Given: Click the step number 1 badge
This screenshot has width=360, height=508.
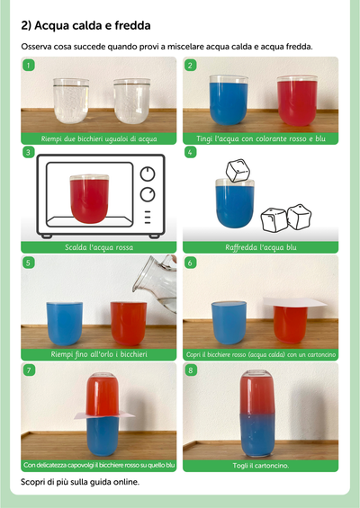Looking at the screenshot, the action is click(x=29, y=66).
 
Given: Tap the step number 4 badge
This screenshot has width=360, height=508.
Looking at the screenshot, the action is click(x=191, y=152).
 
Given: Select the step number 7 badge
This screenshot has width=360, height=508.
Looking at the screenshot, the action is click(x=29, y=370).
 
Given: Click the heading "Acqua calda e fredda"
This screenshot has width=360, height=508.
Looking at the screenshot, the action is click(x=93, y=25).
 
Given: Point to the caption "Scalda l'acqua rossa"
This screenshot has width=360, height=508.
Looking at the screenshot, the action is click(x=99, y=247).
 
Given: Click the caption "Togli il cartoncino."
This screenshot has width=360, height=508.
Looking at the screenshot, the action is click(x=260, y=466).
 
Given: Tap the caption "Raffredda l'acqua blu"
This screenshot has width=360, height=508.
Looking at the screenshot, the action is click(x=261, y=247).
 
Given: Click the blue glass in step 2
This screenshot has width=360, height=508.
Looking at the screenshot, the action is click(x=229, y=100).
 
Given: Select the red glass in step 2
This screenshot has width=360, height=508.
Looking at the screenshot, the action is click(x=297, y=101).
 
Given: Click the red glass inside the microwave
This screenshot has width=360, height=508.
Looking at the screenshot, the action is click(x=89, y=199).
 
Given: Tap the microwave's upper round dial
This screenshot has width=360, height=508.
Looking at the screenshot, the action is click(x=148, y=174).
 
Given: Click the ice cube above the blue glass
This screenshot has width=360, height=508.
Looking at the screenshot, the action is click(x=238, y=170).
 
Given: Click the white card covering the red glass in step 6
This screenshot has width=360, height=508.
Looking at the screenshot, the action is click(x=294, y=302).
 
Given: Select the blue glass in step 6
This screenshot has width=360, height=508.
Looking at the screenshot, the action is click(x=229, y=323).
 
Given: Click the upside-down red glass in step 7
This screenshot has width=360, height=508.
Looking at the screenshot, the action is click(x=103, y=394).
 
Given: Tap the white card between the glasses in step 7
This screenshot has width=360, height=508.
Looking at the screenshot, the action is click(x=104, y=415).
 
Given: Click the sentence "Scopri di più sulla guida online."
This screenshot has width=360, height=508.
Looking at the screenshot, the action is click(x=80, y=482).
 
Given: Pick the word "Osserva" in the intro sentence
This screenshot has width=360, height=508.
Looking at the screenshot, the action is click(x=36, y=47).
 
